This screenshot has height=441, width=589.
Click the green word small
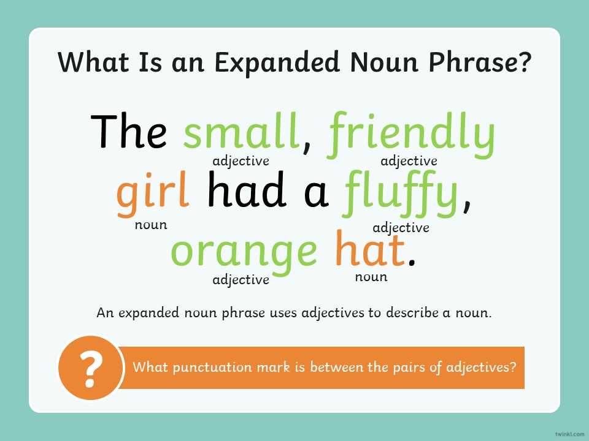coord(242,131)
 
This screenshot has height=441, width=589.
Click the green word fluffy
coord(399,193)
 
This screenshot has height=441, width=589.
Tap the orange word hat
coord(370,248)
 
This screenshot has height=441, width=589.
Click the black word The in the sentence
coord(128,131)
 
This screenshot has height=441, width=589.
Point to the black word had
coord(247,189)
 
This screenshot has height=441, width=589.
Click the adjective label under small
coord(241,161)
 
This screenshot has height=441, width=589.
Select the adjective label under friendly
coord(409,161)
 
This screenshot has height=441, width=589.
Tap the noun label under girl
coord(151,225)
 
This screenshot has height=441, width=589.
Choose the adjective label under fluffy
coord(401,228)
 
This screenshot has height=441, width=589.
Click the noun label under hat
coord(371,277)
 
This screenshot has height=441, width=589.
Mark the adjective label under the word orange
coord(241,280)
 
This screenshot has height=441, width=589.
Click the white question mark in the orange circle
coord(91,369)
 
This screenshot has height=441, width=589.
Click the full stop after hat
coord(412,262)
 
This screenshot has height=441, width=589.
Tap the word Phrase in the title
coord(480,62)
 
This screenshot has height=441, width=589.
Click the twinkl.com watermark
coord(569,434)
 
